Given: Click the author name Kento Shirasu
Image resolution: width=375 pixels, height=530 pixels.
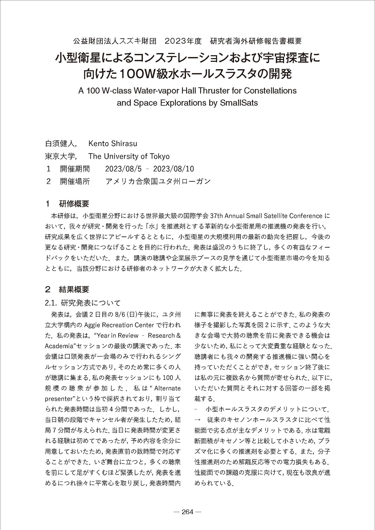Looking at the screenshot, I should click(x=112, y=143).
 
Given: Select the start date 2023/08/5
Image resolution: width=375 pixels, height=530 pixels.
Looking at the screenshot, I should click(x=123, y=169).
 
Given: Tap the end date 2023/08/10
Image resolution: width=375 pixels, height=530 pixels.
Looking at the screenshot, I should click(x=174, y=169).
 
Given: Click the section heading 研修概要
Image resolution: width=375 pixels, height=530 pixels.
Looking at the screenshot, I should click(x=74, y=204).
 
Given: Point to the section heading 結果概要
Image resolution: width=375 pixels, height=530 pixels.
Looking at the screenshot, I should click(x=74, y=290).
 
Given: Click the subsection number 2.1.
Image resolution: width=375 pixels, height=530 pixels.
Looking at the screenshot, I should click(x=51, y=303).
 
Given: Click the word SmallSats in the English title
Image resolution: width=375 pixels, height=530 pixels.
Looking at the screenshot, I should click(x=239, y=103).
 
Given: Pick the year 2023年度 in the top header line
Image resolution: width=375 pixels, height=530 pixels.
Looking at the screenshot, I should click(x=183, y=41).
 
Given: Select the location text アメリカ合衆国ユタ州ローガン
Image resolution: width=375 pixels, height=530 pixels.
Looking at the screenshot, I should click(x=158, y=181).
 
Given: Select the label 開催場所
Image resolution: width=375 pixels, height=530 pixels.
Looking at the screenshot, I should click(x=75, y=181).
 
